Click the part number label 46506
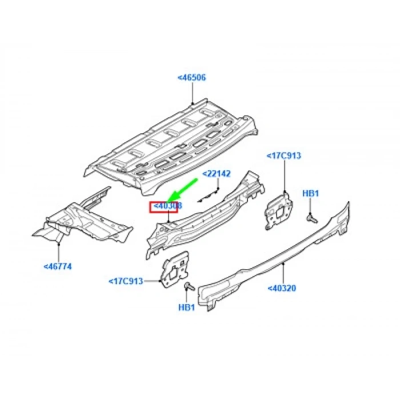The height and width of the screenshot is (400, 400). pyautogui.click(x=191, y=78)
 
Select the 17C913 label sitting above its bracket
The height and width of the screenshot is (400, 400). pyautogui.click(x=284, y=155)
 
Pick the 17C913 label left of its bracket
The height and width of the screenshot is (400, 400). pyautogui.click(x=125, y=281)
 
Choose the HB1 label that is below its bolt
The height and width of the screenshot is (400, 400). pyautogui.click(x=187, y=307)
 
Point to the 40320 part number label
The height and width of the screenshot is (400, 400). pyautogui.click(x=282, y=289)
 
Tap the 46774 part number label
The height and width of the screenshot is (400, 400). pyautogui.click(x=57, y=266)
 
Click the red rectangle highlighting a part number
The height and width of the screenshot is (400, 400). pyautogui.click(x=163, y=206)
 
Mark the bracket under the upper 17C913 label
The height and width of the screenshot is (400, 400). pyautogui.click(x=279, y=210)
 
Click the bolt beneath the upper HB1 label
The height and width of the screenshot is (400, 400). pyautogui.click(x=310, y=217)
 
